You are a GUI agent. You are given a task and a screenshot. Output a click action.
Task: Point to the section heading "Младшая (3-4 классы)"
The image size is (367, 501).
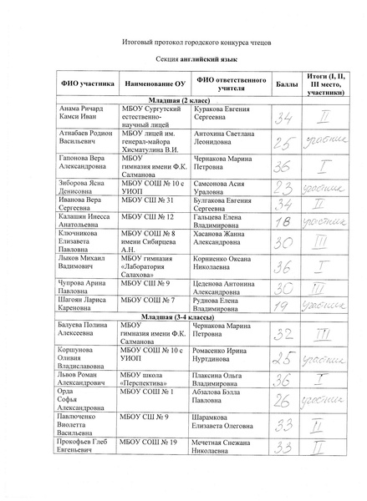coord(183,317)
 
